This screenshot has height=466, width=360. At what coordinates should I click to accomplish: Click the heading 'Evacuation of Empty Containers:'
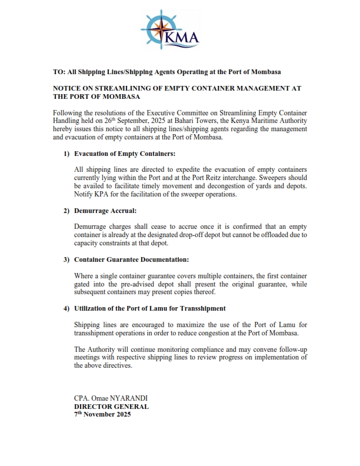(x=125, y=154)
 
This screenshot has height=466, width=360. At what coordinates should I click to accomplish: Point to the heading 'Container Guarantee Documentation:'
(x=132, y=259)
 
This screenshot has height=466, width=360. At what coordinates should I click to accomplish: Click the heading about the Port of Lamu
(x=150, y=308)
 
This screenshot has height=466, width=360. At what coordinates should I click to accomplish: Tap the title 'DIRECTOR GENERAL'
(x=111, y=407)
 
